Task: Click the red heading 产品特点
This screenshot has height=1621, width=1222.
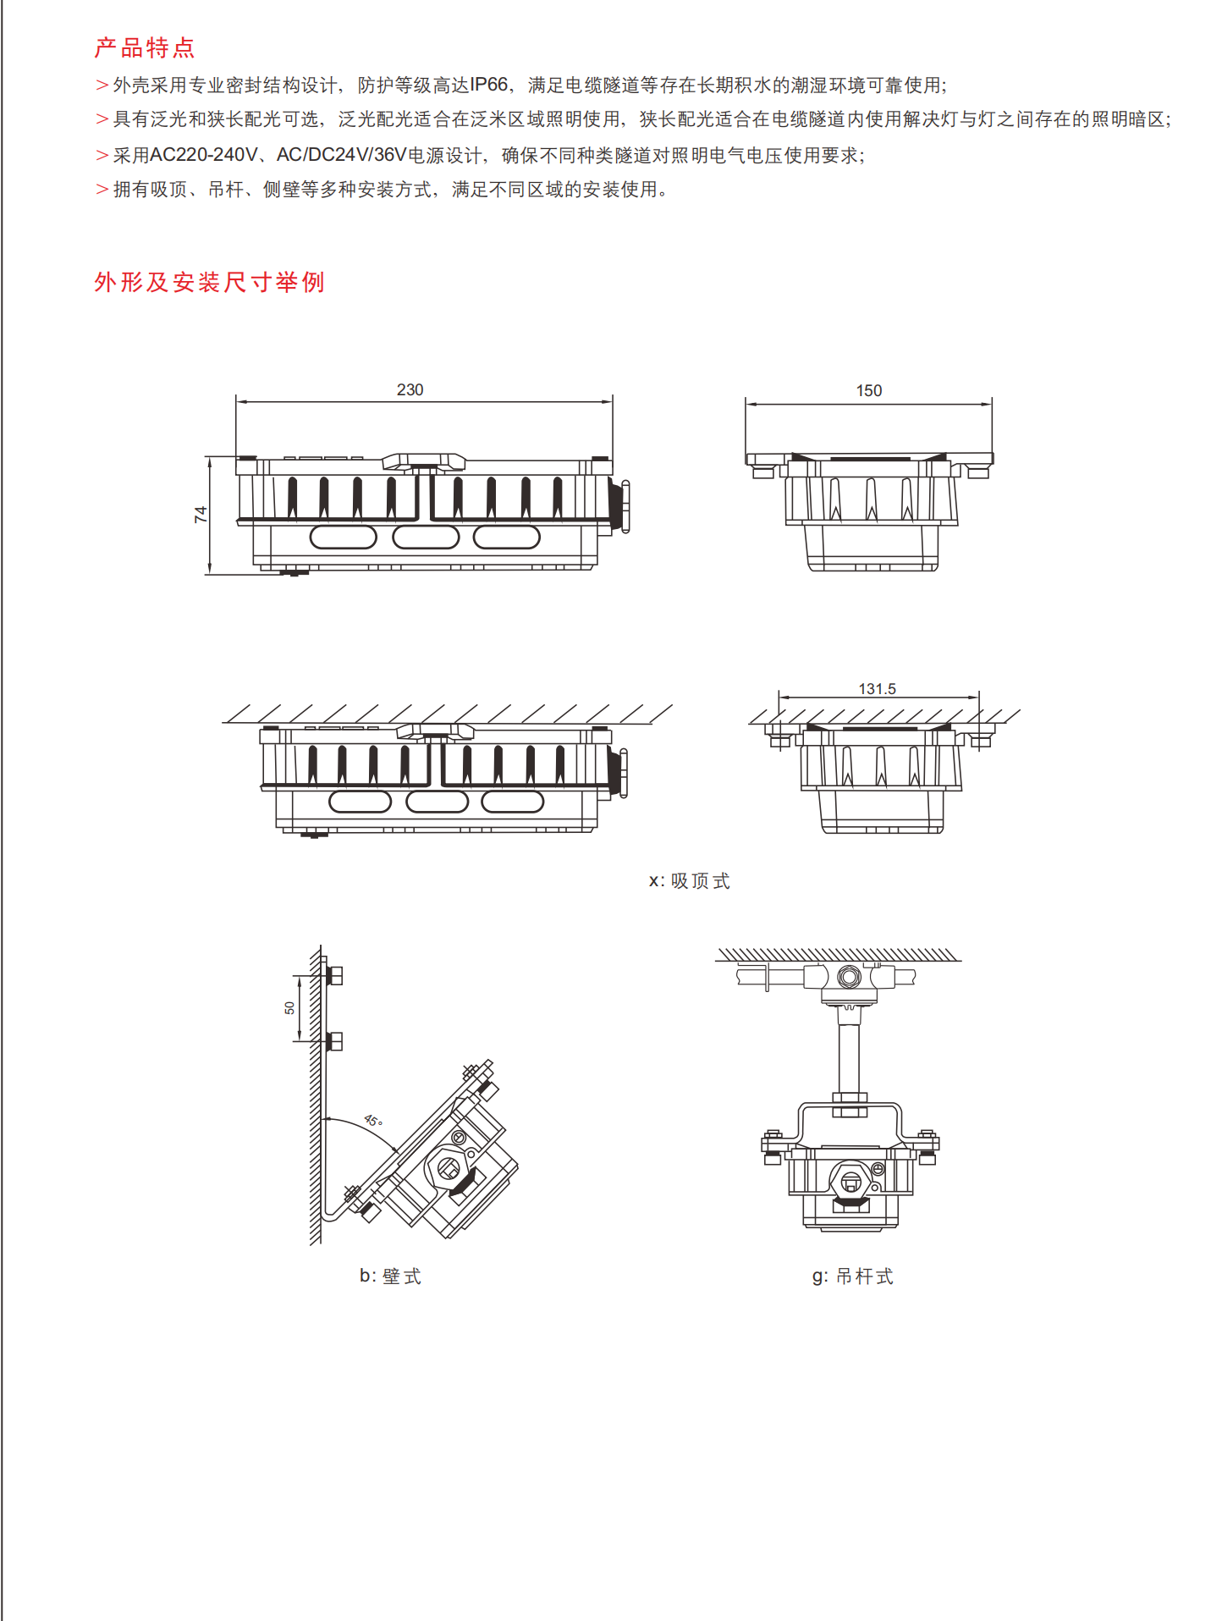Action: (145, 48)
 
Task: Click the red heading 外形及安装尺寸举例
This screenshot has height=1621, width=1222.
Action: (209, 282)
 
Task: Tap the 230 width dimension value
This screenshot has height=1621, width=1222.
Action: (410, 389)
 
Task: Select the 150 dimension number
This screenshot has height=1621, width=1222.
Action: (868, 390)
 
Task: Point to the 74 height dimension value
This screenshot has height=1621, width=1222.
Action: (201, 514)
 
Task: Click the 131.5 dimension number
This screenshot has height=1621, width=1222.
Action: (877, 689)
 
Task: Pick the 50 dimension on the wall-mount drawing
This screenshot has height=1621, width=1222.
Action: (289, 1007)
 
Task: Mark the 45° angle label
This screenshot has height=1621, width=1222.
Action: (373, 1121)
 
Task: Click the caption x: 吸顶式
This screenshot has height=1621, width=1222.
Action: (689, 881)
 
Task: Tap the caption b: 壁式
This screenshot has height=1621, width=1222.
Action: (390, 1276)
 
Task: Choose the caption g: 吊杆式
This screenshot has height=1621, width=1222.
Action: (852, 1276)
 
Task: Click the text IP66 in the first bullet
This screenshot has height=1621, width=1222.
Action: (489, 85)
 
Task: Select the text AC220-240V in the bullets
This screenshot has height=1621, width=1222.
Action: (203, 155)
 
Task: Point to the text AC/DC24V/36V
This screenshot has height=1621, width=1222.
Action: (341, 155)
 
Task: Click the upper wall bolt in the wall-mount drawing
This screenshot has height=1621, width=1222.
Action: (333, 975)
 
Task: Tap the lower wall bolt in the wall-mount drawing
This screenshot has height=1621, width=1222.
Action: (333, 1040)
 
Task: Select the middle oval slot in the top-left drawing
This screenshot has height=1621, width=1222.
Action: (426, 537)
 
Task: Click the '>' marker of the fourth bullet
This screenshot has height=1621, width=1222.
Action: (102, 190)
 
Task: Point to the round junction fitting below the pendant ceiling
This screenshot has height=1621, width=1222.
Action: (849, 977)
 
